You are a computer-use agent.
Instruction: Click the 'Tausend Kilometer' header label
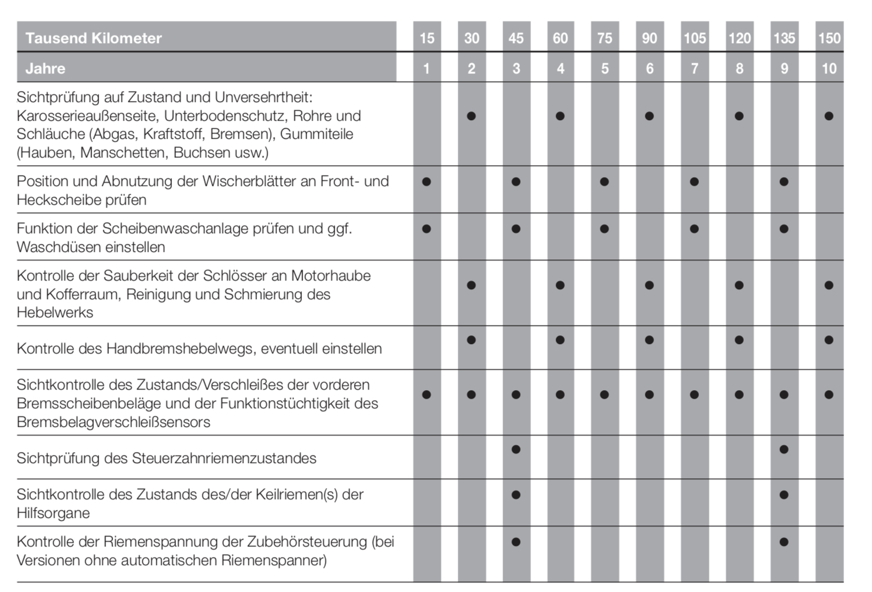coord(93,38)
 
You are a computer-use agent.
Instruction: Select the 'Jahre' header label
coord(45,69)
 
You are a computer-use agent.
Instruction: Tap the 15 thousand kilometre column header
coord(427,38)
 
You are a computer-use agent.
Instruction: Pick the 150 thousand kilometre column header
coord(829,38)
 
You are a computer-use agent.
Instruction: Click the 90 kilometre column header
coord(649,38)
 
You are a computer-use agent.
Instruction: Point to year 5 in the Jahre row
coord(604,69)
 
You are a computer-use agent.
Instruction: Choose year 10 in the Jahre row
coord(829,69)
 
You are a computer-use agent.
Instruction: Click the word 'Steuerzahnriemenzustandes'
coord(224,458)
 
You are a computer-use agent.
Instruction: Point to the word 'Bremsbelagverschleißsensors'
coord(113,422)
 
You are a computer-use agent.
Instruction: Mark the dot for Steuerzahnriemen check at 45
coord(516,450)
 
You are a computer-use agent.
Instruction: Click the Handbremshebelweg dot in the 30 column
coord(472,340)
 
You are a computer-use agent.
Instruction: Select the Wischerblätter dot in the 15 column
coord(427,181)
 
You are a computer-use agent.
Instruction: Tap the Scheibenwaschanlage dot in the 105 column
coord(694,229)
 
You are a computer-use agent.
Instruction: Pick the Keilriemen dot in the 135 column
coord(784,495)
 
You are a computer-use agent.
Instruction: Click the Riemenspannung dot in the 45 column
coord(516,542)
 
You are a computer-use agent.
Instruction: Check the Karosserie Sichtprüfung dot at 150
coord(829,116)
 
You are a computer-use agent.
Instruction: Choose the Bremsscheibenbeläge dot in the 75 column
coord(604,395)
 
